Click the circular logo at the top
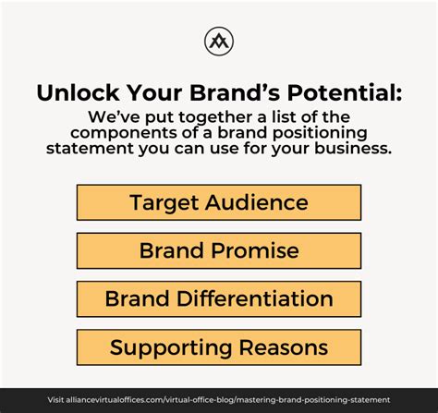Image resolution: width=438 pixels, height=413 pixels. [219, 42]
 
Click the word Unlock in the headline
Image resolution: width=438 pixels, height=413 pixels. [78, 92]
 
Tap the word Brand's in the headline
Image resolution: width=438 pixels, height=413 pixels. [235, 92]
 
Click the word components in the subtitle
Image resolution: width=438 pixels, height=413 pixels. [123, 133]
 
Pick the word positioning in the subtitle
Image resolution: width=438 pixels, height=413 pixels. [320, 133]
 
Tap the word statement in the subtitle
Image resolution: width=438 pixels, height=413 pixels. [90, 148]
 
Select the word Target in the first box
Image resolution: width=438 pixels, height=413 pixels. [164, 202]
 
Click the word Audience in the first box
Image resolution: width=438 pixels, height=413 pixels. [257, 202]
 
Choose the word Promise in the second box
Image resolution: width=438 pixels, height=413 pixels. [255, 250]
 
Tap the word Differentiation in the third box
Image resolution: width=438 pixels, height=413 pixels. [255, 298]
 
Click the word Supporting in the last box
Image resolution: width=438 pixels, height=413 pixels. [171, 347]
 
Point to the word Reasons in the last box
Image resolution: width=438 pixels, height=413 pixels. [284, 347]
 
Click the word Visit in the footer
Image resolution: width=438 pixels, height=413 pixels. [55, 400]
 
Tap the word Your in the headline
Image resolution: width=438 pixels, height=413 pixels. [154, 92]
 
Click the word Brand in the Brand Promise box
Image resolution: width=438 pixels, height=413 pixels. [172, 250]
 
